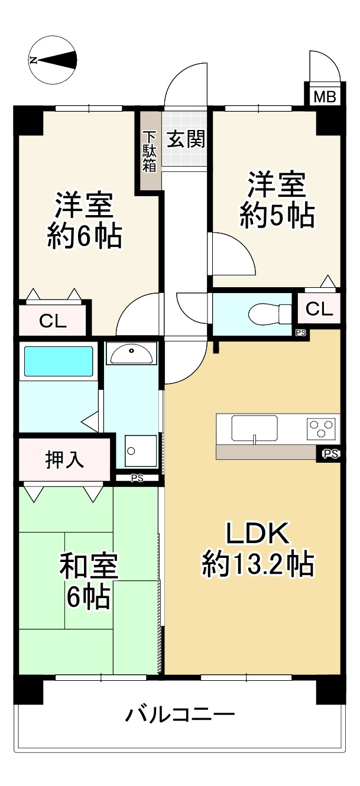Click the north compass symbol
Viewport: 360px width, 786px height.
pos(53,59)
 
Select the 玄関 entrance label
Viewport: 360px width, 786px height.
pos(186,139)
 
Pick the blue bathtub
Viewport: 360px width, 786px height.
pos(57,362)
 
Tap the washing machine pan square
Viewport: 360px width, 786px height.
pos(141,451)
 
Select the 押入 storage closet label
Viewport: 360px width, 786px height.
pos(64,459)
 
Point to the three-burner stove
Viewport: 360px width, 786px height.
pos(322,428)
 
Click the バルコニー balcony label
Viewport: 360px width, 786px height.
pos(180,716)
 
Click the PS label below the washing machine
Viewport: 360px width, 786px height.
pos(137,478)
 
